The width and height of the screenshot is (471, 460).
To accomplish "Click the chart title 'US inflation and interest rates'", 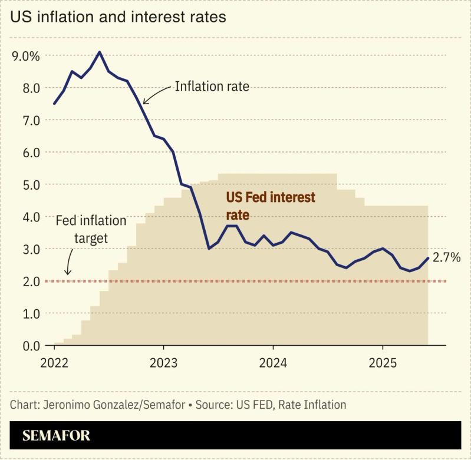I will [118, 17].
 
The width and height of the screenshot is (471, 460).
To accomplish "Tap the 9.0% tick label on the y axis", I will [25, 56].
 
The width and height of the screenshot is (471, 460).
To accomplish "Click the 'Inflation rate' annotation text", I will [212, 87].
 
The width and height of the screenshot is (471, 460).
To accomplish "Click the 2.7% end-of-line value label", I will [446, 257].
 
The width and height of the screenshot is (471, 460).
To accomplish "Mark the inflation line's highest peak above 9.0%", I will [100, 52].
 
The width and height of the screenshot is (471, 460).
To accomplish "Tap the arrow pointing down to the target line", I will [68, 263].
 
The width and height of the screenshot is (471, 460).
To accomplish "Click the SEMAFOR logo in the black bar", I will [56, 436].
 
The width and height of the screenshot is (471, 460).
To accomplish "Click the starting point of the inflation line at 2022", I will [54, 104].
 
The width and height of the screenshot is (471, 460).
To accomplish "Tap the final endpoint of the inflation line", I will [428, 258].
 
